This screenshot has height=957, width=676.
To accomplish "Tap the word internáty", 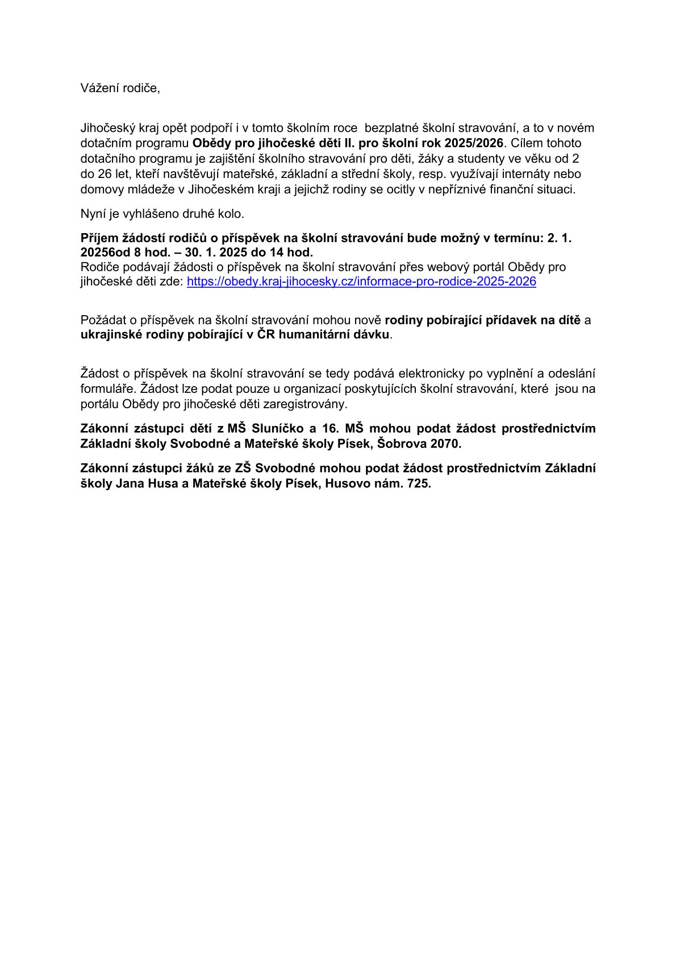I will pos(526,173).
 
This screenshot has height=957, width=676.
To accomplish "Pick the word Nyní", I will pos(93,214).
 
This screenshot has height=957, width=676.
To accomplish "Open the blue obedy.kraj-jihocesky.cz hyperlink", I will pos(361,281).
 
